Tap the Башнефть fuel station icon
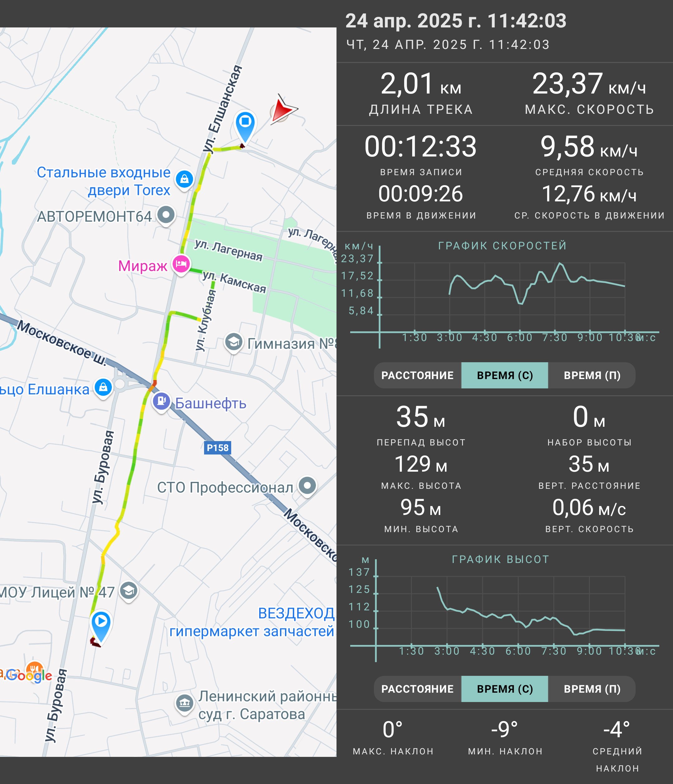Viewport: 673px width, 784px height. pyautogui.click(x=161, y=401)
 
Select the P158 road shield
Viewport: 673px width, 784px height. pyautogui.click(x=217, y=448)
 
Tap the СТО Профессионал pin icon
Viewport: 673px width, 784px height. pyautogui.click(x=308, y=485)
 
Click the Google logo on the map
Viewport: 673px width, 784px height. pyautogui.click(x=29, y=675)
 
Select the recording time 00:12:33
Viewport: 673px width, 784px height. pyautogui.click(x=420, y=147)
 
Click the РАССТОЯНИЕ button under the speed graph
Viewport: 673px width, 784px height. pyautogui.click(x=418, y=375)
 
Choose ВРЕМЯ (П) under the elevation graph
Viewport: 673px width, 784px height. pyautogui.click(x=592, y=689)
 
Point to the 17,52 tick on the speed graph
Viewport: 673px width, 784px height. pyautogui.click(x=357, y=276)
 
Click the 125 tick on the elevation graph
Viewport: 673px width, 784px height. pyautogui.click(x=359, y=589)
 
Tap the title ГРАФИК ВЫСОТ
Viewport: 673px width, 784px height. pyautogui.click(x=500, y=559)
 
